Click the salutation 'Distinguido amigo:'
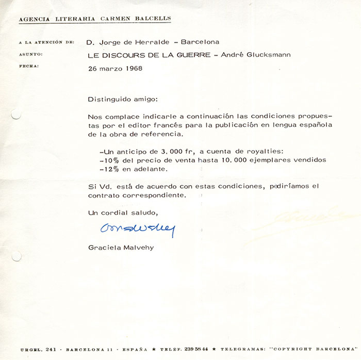119,98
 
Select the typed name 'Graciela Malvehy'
121,248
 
